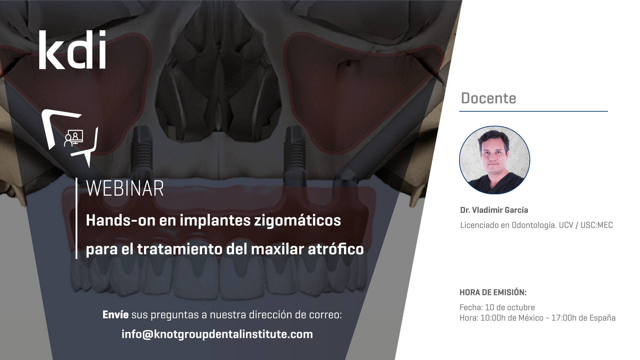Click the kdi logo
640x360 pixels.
coord(72,50)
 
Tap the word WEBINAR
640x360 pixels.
coord(125,189)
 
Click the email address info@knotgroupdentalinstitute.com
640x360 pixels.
coord(217,334)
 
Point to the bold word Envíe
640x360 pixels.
coord(115,315)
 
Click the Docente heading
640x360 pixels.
coord(488,98)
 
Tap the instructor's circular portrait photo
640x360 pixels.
coord(495,160)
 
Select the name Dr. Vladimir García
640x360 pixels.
coord(494,210)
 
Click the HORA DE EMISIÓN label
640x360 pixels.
coord(493,293)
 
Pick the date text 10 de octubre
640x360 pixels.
coord(510,307)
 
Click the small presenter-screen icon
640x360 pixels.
coord(74,138)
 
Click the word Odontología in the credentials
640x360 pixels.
coord(534,225)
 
